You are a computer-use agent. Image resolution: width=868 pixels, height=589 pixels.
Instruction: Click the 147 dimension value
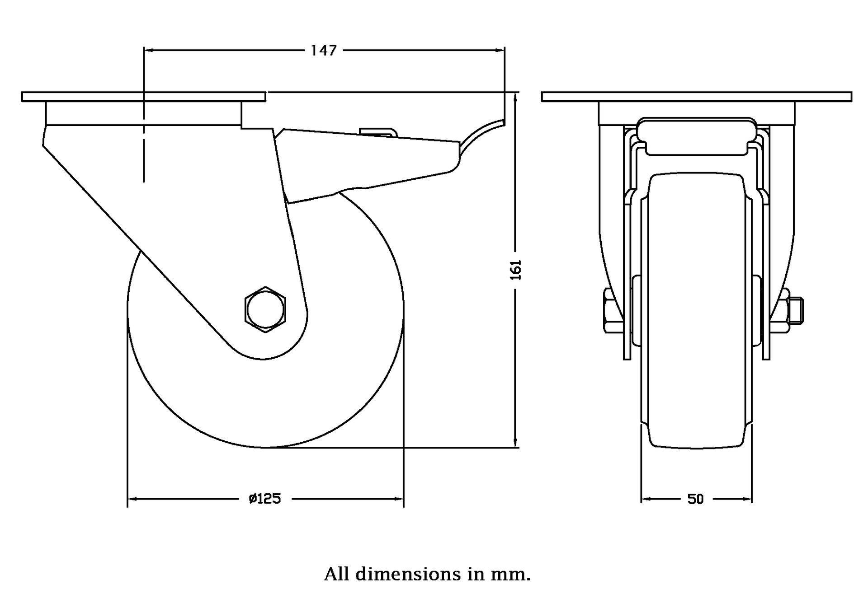[324, 50]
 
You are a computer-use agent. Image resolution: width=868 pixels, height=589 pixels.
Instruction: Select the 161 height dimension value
[516, 270]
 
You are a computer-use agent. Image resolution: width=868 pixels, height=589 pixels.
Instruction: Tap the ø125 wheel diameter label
[265, 499]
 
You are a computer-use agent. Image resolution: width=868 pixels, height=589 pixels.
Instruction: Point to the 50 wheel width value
[696, 499]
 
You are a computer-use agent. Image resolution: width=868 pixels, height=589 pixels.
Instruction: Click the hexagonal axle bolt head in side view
[266, 310]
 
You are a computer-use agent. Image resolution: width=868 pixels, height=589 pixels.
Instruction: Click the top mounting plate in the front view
[696, 97]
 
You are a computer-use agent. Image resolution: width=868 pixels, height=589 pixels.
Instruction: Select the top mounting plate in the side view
[143, 97]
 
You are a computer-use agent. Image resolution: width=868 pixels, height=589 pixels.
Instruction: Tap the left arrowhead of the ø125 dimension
[132, 499]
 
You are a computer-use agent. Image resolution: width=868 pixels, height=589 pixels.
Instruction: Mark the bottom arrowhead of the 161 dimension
[516, 444]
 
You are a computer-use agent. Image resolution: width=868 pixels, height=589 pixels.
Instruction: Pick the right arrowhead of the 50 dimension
[748, 499]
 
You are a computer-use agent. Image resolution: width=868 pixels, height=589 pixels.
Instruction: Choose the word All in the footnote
[337, 574]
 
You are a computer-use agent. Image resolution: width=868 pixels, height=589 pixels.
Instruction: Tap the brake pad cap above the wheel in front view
[696, 136]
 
